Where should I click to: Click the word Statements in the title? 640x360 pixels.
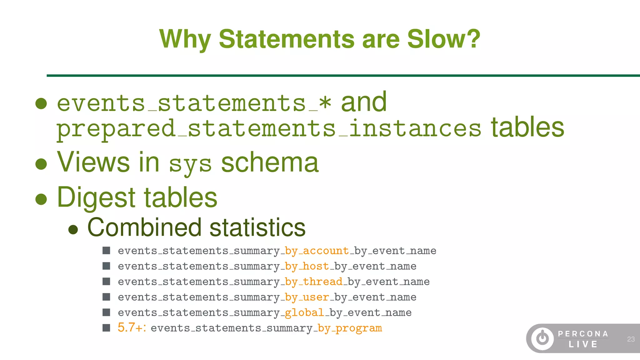point(287,39)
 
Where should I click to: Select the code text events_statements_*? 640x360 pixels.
point(194,103)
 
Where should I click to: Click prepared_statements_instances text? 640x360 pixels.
point(269,129)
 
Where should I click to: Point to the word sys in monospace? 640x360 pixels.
point(190,164)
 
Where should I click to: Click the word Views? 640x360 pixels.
point(93,162)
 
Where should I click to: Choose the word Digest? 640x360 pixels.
point(96,197)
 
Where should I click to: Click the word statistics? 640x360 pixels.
point(257,227)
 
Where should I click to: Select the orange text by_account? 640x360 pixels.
point(317,251)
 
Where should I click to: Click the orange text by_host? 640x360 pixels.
point(307,266)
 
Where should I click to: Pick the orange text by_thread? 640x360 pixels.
point(314,282)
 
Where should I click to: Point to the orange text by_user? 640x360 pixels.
point(307,297)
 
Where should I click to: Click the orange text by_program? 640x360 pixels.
point(350,328)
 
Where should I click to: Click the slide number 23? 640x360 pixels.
point(631,339)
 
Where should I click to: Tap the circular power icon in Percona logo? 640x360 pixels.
point(542,338)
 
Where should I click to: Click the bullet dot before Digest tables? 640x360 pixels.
point(41,199)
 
